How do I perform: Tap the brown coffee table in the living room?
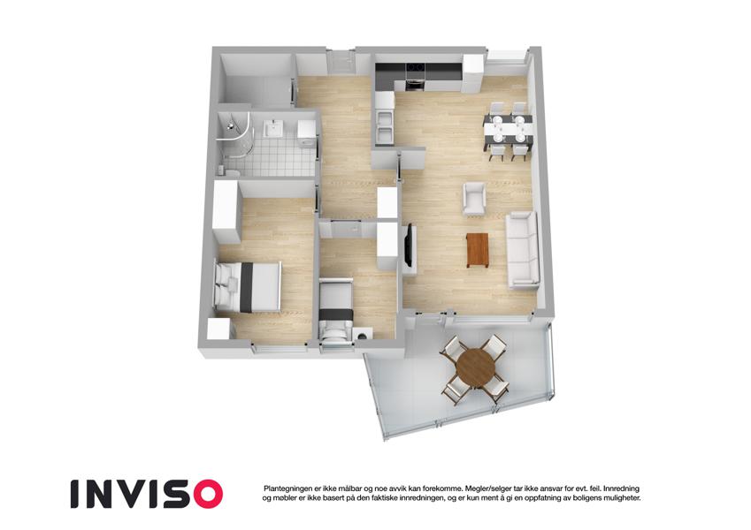478,250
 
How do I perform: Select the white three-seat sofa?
523,250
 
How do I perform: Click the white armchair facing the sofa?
474,200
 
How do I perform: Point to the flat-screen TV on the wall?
409,246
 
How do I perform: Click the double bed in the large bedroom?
247,286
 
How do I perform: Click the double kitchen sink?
384,126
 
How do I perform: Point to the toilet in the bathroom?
228,170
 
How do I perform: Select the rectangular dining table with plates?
508,129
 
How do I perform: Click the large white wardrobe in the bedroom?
226,211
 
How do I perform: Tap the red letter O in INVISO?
204,494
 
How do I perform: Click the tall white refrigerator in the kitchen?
472,73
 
